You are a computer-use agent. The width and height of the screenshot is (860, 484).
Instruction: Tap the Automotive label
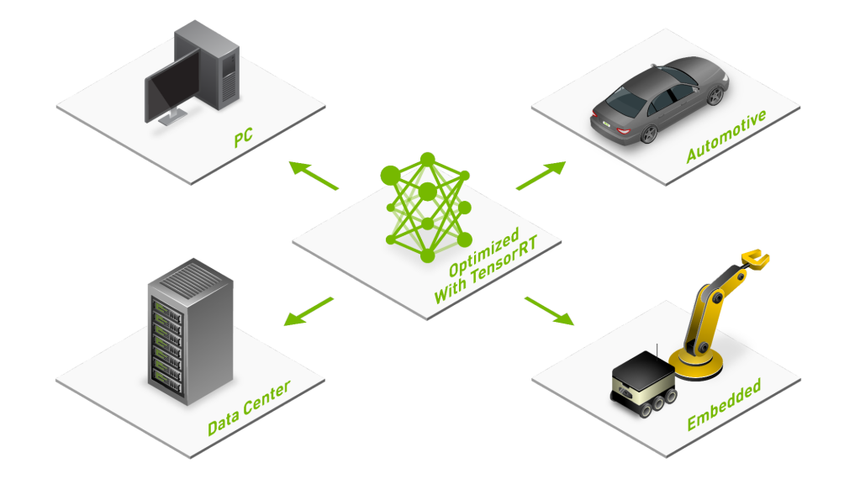pyautogui.click(x=726, y=136)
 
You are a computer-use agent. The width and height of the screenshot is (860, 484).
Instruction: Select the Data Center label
pyautogui.click(x=249, y=408)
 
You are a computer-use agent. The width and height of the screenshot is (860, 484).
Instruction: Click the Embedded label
pyautogui.click(x=724, y=404)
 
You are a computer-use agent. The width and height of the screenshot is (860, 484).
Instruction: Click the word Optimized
pyautogui.click(x=483, y=253)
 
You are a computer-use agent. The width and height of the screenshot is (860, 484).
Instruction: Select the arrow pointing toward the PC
pyautogui.click(x=314, y=176)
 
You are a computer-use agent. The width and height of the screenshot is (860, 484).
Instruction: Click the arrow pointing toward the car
pyautogui.click(x=541, y=176)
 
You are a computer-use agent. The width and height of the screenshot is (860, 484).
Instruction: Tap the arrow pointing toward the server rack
pyautogui.click(x=309, y=312)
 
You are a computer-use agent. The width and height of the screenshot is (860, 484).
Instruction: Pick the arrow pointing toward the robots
pyautogui.click(x=549, y=311)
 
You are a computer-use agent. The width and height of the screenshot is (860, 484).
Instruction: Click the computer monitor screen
pyautogui.click(x=173, y=86)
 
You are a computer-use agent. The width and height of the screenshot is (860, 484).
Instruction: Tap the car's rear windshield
pyautogui.click(x=626, y=101)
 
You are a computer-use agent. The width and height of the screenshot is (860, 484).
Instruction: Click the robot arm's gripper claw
pyautogui.click(x=756, y=259)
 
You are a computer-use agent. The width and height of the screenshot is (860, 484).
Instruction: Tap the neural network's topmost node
pyautogui.click(x=427, y=160)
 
